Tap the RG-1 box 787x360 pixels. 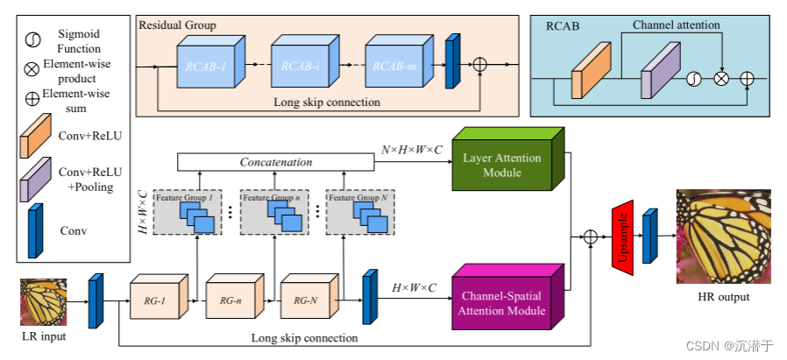click(x=157, y=299)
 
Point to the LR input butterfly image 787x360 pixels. click(x=43, y=301)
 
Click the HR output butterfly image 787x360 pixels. click(x=717, y=236)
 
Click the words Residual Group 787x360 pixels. click(x=178, y=25)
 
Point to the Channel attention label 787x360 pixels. click(x=675, y=25)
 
